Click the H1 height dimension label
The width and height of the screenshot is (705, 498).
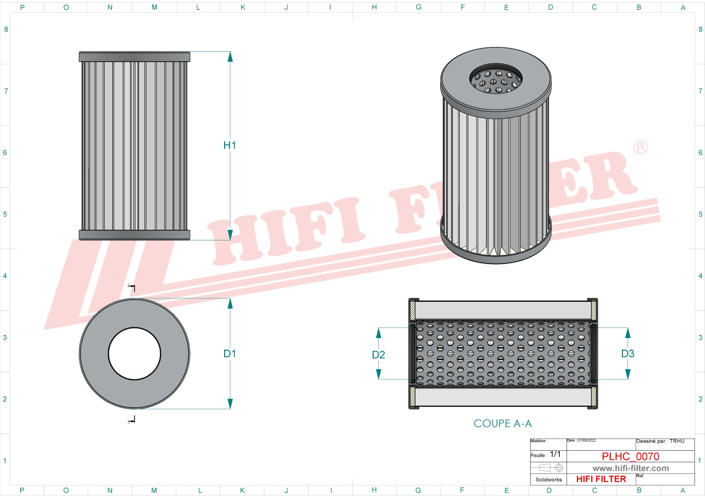click(x=230, y=145)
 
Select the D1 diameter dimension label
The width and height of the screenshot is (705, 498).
click(x=230, y=354)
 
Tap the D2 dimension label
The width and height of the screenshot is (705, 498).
click(x=378, y=355)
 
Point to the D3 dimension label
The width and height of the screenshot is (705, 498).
click(x=627, y=354)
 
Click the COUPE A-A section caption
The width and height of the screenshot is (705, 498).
click(x=503, y=424)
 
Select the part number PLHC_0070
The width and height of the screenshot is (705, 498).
click(x=630, y=456)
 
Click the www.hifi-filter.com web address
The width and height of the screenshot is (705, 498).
click(x=630, y=468)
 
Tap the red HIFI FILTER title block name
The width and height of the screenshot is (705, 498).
click(x=601, y=479)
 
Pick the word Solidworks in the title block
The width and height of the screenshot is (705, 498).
click(x=548, y=479)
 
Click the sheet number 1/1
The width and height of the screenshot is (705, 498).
click(x=555, y=454)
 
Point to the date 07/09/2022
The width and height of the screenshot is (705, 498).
click(x=587, y=441)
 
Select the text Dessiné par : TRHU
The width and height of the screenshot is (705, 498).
click(x=660, y=441)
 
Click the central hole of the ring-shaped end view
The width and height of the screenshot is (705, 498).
click(x=134, y=354)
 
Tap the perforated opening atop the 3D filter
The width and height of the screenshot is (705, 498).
click(x=496, y=80)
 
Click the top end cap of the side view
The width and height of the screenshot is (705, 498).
click(x=134, y=56)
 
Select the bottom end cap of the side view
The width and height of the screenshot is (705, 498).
click(x=134, y=235)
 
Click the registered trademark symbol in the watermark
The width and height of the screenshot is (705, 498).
click(x=640, y=147)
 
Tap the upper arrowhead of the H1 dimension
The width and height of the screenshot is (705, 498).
click(x=230, y=56)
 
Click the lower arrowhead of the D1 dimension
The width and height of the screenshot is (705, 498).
click(x=230, y=403)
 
